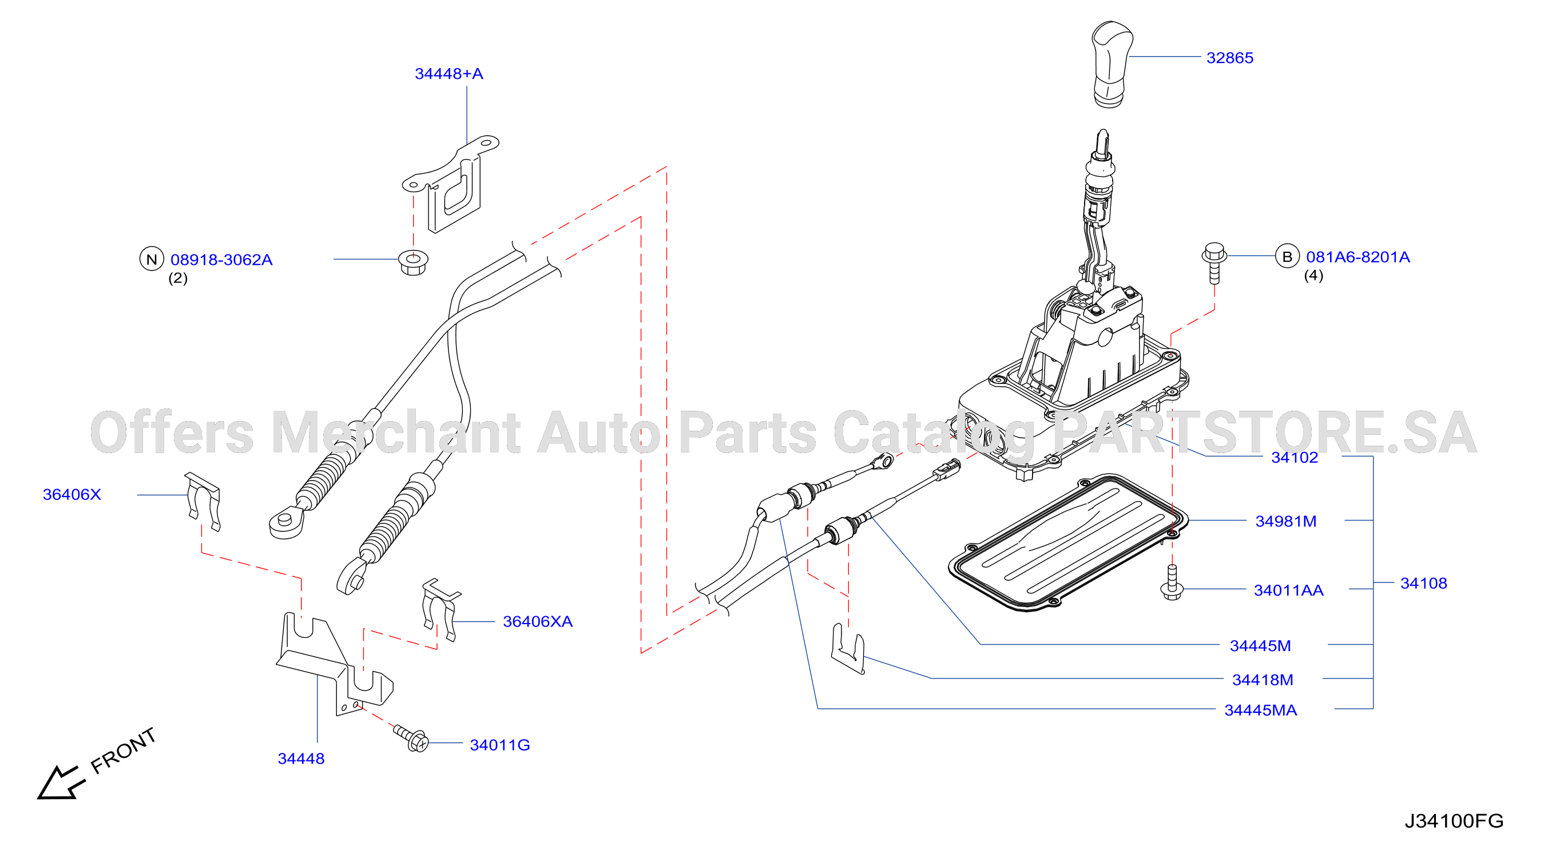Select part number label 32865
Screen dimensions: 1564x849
(x=1229, y=58)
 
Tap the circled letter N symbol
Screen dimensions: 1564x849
(x=152, y=259)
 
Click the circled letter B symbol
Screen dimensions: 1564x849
(x=1287, y=256)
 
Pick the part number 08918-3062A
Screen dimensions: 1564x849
(x=221, y=260)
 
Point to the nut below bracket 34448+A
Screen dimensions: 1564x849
(x=414, y=263)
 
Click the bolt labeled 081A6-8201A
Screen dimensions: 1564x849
(x=1214, y=263)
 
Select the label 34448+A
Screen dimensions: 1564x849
(x=448, y=73)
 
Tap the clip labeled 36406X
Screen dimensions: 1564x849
(x=202, y=502)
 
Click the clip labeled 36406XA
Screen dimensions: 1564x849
(x=439, y=609)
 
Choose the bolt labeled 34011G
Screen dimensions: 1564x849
(x=411, y=738)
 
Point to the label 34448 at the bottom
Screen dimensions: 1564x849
(x=301, y=759)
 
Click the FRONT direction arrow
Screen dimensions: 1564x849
(x=61, y=782)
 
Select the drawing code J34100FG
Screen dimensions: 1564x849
(x=1454, y=821)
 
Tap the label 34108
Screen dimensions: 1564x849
(x=1424, y=583)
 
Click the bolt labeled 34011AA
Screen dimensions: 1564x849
(x=1172, y=582)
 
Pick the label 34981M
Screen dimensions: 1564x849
(x=1286, y=521)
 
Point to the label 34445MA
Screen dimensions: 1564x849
(x=1260, y=710)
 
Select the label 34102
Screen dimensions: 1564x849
(x=1295, y=457)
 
